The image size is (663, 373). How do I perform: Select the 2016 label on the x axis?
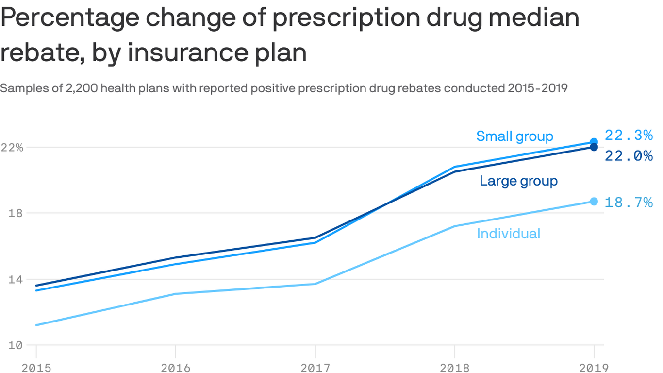tap(176, 367)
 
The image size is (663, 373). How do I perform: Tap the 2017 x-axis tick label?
tap(315, 367)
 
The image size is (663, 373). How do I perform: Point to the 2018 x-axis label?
tap(455, 367)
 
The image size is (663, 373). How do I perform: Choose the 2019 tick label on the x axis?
tap(593, 367)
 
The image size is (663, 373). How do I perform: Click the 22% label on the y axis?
tap(12, 147)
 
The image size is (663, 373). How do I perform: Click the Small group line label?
tap(514, 136)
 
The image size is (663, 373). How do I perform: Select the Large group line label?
tap(518, 181)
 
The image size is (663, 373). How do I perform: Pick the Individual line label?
tap(508, 234)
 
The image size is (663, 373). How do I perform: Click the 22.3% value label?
tap(629, 136)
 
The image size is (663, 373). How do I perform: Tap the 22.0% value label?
tap(629, 156)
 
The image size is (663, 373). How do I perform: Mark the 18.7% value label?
tap(629, 202)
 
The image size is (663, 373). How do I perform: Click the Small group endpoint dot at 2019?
tap(594, 142)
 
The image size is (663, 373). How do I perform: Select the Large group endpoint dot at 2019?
tap(594, 147)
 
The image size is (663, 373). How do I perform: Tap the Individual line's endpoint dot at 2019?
tap(594, 201)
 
